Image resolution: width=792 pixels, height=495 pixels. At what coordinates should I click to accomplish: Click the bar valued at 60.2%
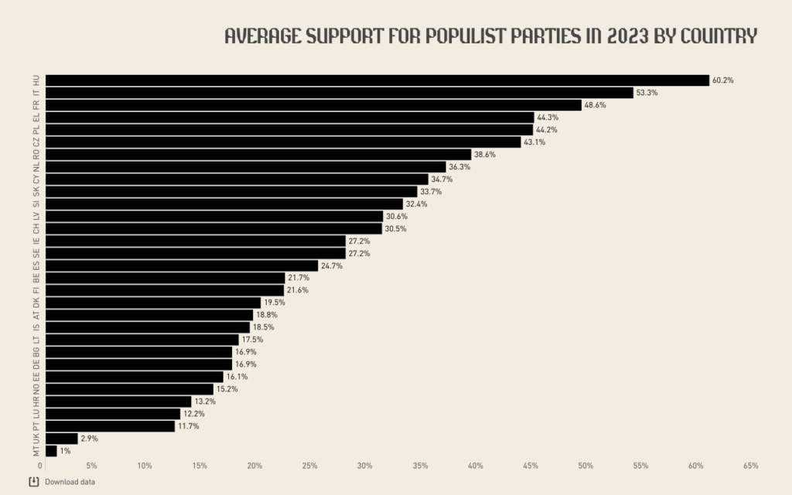tap(377, 80)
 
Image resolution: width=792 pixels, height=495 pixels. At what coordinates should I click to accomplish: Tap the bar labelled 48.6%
tap(313, 105)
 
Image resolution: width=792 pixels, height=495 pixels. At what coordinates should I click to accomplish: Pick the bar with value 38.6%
tap(258, 155)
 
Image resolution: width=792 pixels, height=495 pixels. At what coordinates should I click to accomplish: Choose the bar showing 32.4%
tap(224, 204)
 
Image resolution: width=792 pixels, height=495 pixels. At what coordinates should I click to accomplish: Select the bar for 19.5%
tap(153, 302)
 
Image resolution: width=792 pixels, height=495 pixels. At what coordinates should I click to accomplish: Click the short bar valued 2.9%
tap(62, 439)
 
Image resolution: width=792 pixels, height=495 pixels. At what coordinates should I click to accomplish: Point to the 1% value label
tap(67, 451)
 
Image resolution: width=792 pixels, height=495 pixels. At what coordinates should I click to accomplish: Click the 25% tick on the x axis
tap(310, 466)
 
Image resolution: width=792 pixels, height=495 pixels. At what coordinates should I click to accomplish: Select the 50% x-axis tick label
tap(585, 466)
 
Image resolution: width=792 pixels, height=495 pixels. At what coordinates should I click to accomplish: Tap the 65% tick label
tap(750, 466)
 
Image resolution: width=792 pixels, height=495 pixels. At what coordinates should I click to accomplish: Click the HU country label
tap(36, 80)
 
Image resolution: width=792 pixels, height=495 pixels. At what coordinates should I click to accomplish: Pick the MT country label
tap(36, 451)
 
